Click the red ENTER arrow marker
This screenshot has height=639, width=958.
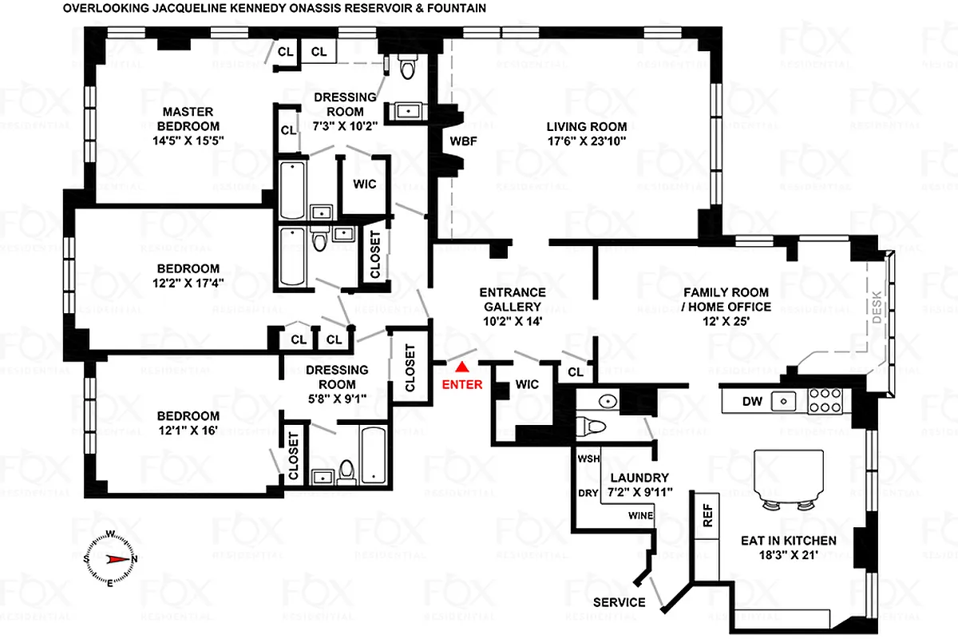pyautogui.click(x=461, y=367)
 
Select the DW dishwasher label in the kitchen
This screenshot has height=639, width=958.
pyautogui.click(x=753, y=401)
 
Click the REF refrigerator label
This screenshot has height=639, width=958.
pyautogui.click(x=707, y=515)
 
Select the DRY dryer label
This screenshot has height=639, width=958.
pyautogui.click(x=588, y=493)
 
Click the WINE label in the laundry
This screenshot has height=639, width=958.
pyautogui.click(x=640, y=515)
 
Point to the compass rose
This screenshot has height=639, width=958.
pyautogui.click(x=109, y=559)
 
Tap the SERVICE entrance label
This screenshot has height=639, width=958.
pyautogui.click(x=620, y=602)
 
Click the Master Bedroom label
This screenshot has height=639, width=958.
pyautogui.click(x=188, y=118)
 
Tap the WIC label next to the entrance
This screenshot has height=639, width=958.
pyautogui.click(x=527, y=384)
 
